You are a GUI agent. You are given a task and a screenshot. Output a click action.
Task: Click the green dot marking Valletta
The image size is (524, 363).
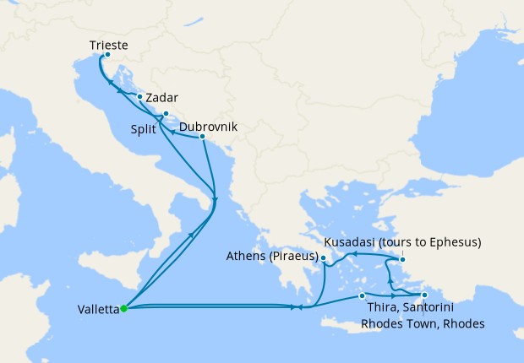[123, 308]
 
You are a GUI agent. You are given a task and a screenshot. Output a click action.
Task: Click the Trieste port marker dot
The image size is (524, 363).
[106, 55]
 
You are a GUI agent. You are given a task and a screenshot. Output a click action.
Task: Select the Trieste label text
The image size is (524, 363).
[110, 43]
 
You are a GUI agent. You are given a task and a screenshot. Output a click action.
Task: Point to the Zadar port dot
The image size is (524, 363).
[139, 96]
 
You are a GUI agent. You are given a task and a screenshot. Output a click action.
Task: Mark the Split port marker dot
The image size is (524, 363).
[166, 114]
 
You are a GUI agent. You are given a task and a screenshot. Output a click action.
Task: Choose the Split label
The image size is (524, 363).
[145, 130]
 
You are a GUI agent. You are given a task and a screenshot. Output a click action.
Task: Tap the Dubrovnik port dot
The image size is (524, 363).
[203, 137]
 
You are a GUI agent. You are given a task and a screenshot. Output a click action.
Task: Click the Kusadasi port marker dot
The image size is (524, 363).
[402, 257]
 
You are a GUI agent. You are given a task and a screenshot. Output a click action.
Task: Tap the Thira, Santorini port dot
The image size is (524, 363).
[362, 295]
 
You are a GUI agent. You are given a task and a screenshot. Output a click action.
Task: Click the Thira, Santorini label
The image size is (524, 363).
[405, 308]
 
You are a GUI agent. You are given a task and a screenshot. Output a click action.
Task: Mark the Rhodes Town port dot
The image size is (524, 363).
[424, 295]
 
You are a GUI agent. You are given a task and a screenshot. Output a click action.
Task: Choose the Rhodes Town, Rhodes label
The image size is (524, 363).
[423, 323]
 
